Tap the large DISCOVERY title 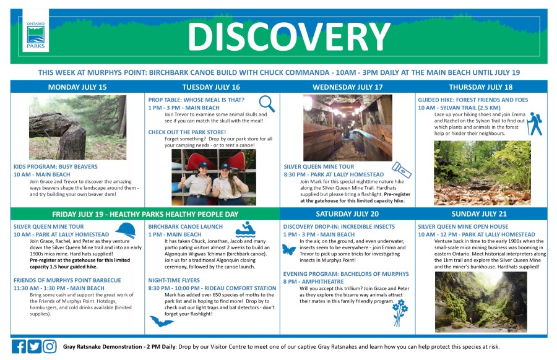289,36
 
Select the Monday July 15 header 77,87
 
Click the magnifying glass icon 267,103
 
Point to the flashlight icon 402,169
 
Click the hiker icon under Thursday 535,124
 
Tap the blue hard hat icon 126,230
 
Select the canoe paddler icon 246,229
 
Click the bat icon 162,321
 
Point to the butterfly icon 289,249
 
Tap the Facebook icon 19,346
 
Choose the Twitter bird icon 35,346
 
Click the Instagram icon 50,346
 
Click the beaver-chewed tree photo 78,127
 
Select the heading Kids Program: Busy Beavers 56,166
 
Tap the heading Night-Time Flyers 174,280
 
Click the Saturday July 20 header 347,214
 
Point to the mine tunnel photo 348,128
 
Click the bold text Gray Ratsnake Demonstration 102,347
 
